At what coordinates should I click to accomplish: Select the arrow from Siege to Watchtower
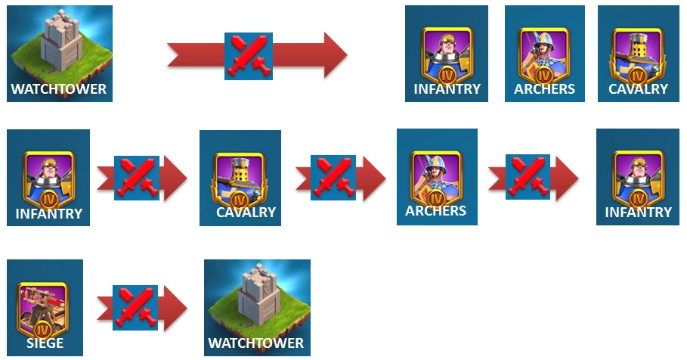point(142,307)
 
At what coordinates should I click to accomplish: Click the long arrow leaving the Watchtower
point(257,54)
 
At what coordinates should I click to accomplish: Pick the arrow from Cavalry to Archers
point(340,178)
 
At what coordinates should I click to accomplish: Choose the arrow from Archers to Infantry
point(533,178)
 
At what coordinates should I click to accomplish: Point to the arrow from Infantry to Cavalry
point(142,178)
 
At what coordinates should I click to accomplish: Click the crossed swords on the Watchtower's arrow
point(248,55)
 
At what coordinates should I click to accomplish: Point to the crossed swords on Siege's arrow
point(136,307)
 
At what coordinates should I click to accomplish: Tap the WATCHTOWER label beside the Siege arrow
point(256,343)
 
